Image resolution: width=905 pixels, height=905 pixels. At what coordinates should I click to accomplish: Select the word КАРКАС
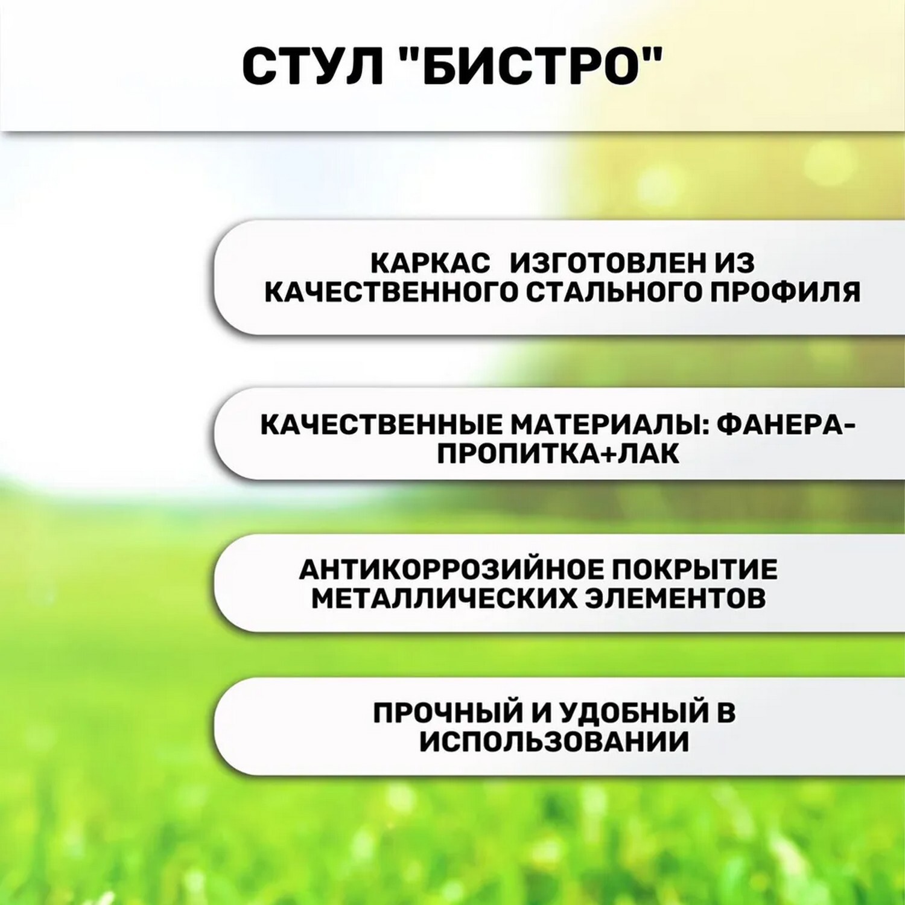click(x=430, y=263)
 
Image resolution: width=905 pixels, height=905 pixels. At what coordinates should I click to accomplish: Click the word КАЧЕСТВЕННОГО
click(x=391, y=292)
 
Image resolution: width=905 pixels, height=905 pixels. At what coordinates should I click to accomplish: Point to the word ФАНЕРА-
click(x=786, y=425)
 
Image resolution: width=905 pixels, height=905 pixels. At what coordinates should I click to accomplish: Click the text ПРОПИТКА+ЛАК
click(x=558, y=454)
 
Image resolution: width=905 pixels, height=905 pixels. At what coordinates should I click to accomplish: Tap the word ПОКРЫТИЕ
click(x=694, y=570)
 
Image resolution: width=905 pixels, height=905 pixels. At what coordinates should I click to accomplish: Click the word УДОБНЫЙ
click(x=634, y=713)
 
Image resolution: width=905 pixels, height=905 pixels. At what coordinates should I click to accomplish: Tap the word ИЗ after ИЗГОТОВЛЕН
click(x=734, y=263)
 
